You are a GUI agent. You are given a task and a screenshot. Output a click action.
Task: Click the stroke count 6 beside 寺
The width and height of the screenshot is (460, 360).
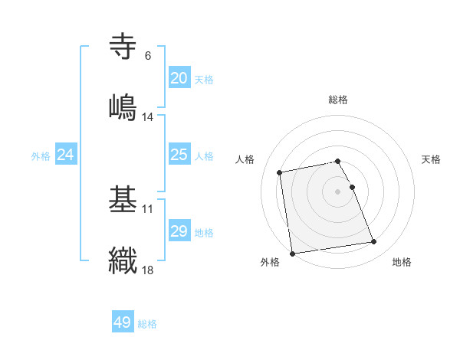click(147, 56)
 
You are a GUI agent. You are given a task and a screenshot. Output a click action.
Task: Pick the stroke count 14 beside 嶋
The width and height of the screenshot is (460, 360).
click(148, 117)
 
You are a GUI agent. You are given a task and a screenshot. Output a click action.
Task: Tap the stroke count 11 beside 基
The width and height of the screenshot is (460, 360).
click(148, 208)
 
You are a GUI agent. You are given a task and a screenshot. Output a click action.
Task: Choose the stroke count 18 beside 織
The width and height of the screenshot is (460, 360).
click(148, 270)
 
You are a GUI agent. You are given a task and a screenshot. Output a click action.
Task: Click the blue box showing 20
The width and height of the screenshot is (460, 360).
click(179, 78)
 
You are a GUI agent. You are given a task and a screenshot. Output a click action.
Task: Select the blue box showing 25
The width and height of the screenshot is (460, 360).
click(179, 155)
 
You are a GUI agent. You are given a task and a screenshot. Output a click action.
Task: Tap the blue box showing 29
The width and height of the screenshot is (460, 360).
click(179, 231)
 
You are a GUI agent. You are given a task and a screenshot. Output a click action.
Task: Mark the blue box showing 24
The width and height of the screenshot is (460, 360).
click(66, 155)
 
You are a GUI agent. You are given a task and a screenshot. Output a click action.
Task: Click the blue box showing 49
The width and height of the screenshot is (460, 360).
click(123, 322)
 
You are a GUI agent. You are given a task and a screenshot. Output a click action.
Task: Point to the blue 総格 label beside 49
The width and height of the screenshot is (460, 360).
click(147, 324)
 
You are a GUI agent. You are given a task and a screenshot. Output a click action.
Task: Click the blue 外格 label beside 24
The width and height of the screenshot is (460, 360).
click(41, 156)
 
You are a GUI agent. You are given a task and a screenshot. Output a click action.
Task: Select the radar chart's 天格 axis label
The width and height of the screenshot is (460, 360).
click(432, 159)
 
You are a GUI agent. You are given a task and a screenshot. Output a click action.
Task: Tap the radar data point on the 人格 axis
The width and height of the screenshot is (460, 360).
click(280, 172)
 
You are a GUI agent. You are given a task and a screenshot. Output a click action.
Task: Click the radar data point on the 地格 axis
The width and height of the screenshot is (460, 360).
click(373, 242)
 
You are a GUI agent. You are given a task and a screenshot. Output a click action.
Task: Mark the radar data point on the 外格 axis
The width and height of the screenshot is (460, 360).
click(292, 254)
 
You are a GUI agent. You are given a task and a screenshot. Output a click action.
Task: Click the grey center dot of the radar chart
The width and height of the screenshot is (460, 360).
click(338, 191)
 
